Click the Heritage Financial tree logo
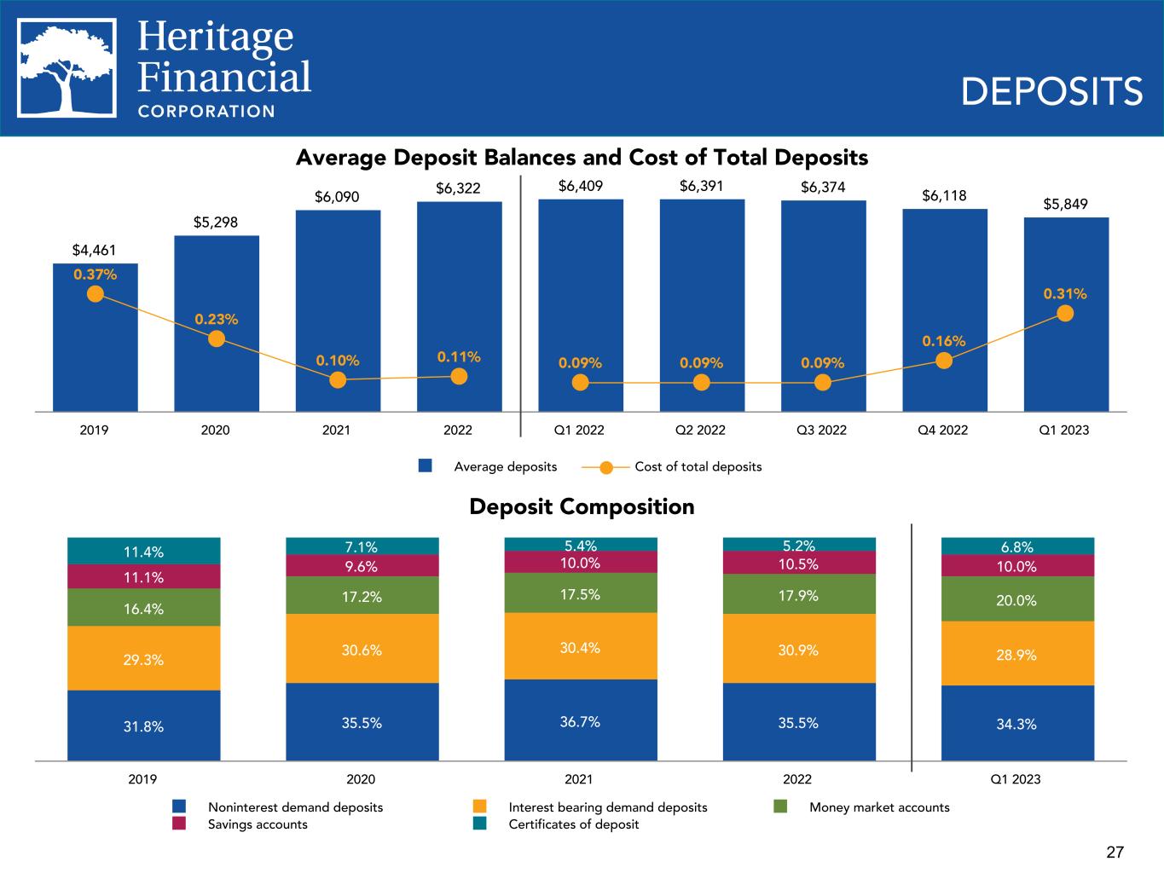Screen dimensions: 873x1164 (x=67, y=67)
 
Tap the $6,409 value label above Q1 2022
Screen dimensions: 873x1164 (x=581, y=185)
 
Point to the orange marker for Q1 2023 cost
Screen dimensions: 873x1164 (x=1065, y=313)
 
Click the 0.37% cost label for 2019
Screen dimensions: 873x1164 (x=96, y=275)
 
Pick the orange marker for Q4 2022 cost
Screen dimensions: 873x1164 (x=944, y=361)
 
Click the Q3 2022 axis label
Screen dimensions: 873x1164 (x=822, y=431)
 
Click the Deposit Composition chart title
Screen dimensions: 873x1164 (x=582, y=507)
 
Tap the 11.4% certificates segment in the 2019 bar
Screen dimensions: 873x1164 (x=143, y=552)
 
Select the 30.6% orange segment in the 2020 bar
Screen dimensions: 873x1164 (x=362, y=650)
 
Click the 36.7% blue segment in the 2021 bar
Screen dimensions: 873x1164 (x=580, y=721)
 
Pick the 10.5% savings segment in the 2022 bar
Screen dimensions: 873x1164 (x=798, y=564)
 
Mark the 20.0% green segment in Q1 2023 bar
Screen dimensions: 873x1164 (x=1016, y=600)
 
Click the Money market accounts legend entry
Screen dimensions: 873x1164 (x=878, y=807)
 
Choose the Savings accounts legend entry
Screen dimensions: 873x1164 (x=258, y=824)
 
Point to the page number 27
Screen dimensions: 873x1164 (x=1115, y=852)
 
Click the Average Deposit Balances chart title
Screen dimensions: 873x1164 (x=582, y=158)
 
